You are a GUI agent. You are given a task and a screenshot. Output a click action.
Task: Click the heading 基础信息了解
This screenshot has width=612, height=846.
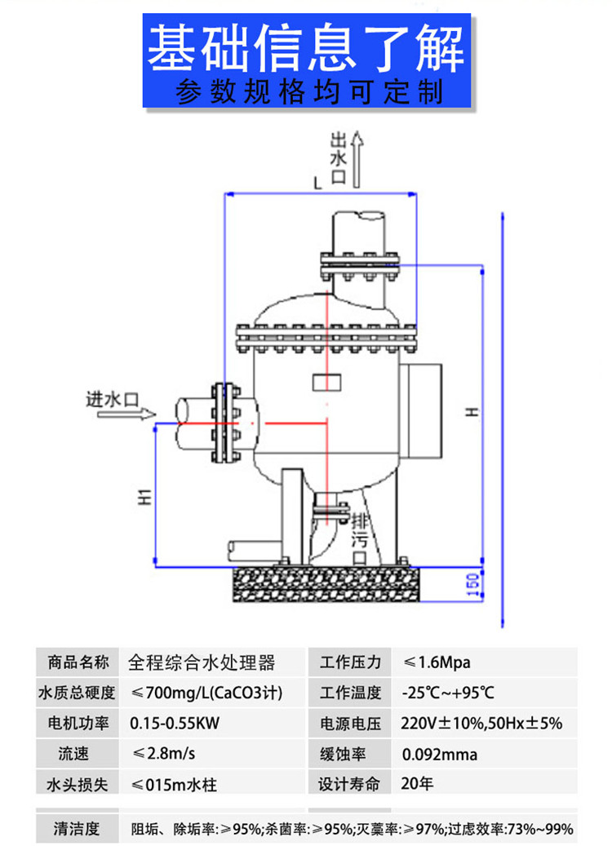(306, 48)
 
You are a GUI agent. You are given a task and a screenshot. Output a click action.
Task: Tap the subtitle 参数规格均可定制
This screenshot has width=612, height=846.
(308, 91)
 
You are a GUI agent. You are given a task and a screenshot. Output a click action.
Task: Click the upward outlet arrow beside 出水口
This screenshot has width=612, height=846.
(357, 160)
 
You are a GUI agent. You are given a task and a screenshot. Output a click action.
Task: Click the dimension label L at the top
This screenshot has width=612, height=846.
(318, 183)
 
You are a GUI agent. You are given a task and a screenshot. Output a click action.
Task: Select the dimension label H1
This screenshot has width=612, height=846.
(144, 496)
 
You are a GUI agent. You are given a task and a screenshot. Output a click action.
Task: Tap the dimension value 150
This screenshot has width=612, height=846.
(472, 585)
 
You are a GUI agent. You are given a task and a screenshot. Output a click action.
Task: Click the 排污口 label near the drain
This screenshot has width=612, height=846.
(359, 539)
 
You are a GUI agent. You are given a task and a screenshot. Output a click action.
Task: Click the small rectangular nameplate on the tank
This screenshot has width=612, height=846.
(326, 382)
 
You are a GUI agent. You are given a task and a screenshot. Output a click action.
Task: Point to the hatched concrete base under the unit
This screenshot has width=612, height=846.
(326, 584)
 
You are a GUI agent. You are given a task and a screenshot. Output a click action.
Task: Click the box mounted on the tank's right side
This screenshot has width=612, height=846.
(420, 410)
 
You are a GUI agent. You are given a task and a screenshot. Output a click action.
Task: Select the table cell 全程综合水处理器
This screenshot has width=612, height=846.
(202, 662)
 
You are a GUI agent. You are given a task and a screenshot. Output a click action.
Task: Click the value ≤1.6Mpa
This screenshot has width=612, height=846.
(437, 662)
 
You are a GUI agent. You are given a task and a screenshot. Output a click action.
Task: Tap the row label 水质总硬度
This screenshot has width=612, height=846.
(77, 693)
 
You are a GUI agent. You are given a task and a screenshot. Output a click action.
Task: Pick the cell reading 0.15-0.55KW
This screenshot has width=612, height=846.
(175, 723)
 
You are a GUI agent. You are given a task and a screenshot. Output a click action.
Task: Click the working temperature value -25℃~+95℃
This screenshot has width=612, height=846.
(448, 693)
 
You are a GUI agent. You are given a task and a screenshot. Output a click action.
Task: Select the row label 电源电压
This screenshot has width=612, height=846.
(351, 723)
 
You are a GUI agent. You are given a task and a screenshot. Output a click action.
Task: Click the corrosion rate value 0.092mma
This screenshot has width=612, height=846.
(439, 754)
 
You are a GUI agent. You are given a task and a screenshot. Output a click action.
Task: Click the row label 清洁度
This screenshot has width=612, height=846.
(77, 828)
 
